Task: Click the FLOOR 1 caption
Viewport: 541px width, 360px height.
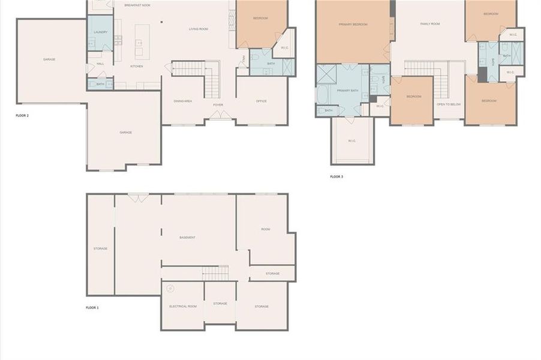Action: pos(92,308)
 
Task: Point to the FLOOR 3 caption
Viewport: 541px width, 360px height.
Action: pos(336,177)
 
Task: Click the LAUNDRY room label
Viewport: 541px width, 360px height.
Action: pos(100,32)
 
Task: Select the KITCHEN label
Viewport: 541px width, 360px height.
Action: pos(137,67)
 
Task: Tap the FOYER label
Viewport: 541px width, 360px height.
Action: pos(218,105)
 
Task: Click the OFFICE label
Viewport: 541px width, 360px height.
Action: pos(262,101)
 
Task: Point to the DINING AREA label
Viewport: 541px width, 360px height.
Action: pos(182,101)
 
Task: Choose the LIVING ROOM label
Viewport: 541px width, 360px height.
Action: pos(199,29)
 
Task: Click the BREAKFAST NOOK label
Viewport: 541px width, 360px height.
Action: pos(137,5)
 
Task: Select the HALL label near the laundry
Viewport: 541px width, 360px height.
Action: pos(100,63)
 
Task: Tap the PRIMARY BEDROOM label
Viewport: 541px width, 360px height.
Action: pos(353,25)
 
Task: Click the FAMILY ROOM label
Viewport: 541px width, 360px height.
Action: pos(430,24)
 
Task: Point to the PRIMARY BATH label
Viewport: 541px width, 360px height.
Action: pos(347,91)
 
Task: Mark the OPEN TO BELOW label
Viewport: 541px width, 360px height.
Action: pos(449,104)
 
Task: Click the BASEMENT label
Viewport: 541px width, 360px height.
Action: pos(187,238)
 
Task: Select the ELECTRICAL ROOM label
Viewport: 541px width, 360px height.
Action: pos(183,307)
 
